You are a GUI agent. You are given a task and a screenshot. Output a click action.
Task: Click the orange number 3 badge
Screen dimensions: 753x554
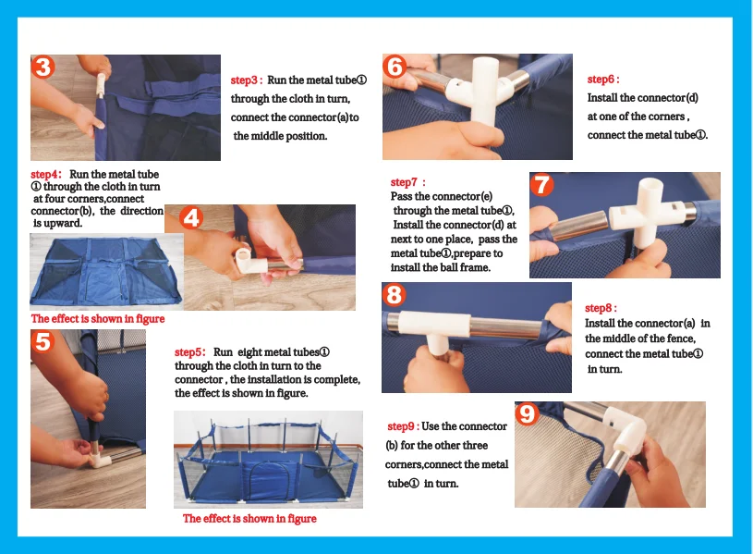tap(43, 67)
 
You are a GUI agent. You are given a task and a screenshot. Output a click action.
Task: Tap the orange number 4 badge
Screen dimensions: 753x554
tap(191, 218)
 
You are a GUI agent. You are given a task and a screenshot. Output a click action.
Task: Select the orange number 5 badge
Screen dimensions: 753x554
tap(43, 342)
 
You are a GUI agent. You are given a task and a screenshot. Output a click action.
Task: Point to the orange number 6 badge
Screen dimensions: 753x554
tap(395, 67)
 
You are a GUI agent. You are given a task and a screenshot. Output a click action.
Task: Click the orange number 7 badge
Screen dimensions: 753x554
tap(541, 185)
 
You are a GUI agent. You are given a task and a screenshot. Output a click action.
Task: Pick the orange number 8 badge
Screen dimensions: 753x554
tap(394, 295)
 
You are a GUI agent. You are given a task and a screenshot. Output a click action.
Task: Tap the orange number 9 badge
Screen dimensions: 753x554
tap(527, 413)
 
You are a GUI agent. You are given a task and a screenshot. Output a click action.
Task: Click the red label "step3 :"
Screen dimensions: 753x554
tap(247, 80)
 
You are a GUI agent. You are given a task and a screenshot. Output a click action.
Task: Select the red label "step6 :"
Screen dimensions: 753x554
tap(603, 80)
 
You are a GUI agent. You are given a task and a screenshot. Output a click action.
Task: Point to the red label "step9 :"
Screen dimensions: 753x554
tap(404, 426)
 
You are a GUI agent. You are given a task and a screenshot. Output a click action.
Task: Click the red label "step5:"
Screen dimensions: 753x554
tap(189, 352)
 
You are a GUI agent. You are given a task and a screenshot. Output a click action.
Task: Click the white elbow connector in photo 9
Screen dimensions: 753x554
tap(625, 429)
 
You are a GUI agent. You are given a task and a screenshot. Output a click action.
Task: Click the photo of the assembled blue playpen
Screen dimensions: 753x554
tap(269, 460)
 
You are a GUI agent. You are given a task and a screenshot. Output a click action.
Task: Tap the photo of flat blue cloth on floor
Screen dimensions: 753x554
tap(106, 272)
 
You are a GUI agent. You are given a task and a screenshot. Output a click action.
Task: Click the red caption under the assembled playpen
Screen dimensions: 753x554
tap(249, 519)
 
